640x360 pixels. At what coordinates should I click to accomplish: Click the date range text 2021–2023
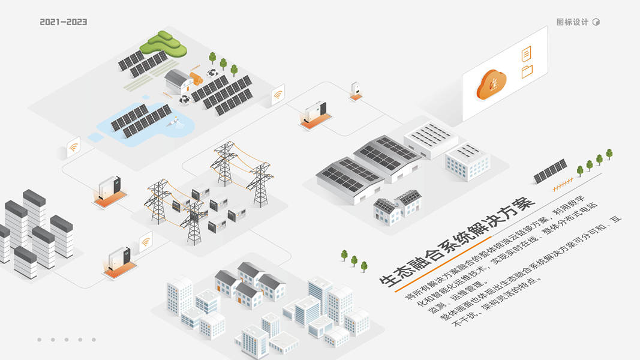point(64,22)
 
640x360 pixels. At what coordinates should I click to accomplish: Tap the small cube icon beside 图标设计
point(596,22)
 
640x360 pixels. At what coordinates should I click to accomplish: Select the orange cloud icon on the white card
point(491,84)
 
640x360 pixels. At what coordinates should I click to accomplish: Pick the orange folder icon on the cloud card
point(527,72)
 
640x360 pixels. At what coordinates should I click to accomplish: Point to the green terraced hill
point(163,43)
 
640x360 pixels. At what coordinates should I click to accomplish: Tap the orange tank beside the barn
point(196,78)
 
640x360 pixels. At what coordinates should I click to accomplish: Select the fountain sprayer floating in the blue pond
point(175,121)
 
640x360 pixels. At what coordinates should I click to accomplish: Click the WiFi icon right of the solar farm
point(278,95)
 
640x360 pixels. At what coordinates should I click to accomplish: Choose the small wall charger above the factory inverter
point(356,89)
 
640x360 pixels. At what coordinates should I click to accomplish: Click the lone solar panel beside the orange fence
point(550,171)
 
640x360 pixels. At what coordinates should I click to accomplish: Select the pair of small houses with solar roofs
point(396,206)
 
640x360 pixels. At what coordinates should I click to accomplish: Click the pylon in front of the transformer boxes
point(193,222)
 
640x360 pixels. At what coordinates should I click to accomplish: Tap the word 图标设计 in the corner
point(572,22)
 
